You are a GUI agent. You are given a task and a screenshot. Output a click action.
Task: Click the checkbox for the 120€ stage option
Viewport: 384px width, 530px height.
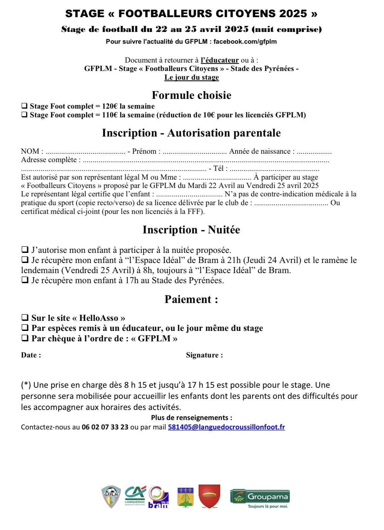(x=24, y=106)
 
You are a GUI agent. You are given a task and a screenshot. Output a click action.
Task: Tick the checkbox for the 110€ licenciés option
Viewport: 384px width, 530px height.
(x=24, y=115)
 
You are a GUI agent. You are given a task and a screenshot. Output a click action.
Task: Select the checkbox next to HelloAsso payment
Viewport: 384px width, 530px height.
(x=25, y=317)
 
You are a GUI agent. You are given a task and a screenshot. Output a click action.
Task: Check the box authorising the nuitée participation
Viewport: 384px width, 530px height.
(x=25, y=250)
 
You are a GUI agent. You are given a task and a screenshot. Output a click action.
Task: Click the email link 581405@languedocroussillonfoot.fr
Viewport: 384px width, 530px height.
(x=226, y=427)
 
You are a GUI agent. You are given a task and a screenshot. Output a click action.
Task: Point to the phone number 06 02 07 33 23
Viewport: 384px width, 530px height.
(x=105, y=427)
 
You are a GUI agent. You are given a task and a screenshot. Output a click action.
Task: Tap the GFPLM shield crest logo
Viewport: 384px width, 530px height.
(x=111, y=497)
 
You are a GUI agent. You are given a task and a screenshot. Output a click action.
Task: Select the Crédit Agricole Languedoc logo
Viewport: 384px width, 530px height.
(x=136, y=496)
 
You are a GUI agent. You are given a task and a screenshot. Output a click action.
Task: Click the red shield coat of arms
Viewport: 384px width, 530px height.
(x=209, y=496)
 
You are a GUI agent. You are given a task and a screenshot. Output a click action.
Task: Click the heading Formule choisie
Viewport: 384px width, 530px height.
(x=191, y=95)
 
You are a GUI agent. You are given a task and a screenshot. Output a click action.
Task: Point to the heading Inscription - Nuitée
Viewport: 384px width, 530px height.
(x=191, y=230)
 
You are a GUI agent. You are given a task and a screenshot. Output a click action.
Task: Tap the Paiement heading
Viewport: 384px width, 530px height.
(x=191, y=299)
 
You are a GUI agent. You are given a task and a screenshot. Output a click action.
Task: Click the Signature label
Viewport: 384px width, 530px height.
(x=204, y=355)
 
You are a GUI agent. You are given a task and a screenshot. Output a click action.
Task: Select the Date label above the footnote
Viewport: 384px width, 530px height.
(x=31, y=355)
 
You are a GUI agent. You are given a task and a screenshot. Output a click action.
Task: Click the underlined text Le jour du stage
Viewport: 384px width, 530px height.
(x=191, y=77)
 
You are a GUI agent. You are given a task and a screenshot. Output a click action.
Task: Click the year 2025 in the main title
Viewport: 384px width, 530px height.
(x=293, y=13)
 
